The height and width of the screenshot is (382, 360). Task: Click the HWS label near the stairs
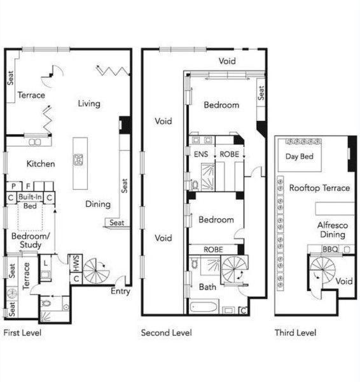[x=76, y=264]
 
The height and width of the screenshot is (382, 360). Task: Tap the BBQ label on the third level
[x=330, y=249]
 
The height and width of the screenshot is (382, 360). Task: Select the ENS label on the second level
[x=201, y=154]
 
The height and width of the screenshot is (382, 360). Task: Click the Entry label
[x=120, y=291]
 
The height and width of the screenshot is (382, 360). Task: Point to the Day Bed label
[x=300, y=157]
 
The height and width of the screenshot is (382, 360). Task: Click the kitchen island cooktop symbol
[x=78, y=160]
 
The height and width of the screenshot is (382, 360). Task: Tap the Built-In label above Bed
[x=30, y=197]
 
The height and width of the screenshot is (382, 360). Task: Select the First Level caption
[x=22, y=332]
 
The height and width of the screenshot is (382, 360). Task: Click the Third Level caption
[x=295, y=332]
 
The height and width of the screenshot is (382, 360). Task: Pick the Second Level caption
[x=167, y=332]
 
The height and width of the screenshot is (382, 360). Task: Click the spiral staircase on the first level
[x=95, y=271]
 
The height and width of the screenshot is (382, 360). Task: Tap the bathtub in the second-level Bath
[x=204, y=308]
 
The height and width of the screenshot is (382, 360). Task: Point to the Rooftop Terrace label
[x=319, y=188]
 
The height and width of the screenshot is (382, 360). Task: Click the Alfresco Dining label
[x=333, y=230]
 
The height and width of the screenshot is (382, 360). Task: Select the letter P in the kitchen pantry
[x=13, y=187]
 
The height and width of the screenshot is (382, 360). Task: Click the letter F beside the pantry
[x=28, y=187]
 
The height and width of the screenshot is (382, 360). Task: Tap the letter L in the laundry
[x=46, y=263]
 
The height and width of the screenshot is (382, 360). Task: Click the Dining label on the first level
[x=98, y=204]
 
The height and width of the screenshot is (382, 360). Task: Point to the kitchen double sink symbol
[x=35, y=142]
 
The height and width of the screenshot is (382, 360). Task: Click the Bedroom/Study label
[x=31, y=240]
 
